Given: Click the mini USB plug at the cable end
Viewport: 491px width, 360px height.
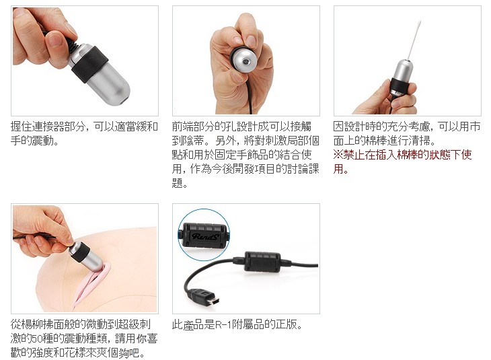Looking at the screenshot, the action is click(204, 298).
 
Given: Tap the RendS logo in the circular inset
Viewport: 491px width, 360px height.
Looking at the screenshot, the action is click(204, 237).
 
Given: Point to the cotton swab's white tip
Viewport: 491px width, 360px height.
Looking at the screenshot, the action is click(418, 25).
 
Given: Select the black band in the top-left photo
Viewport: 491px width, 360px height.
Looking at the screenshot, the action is click(90, 65).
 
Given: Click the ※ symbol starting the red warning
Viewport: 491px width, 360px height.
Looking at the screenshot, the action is click(338, 155).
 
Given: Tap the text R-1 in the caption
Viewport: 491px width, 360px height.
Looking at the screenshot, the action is click(223, 324).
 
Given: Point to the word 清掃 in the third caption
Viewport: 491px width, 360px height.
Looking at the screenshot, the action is click(419, 141).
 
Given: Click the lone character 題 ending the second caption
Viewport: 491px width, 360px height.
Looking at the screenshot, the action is click(178, 182).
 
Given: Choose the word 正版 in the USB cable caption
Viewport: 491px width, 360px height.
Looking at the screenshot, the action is click(285, 324).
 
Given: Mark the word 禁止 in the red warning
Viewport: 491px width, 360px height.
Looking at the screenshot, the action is click(354, 155).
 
